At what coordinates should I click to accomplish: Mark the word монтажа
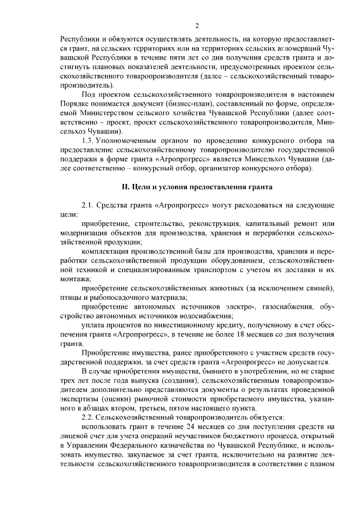point(71,280)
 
